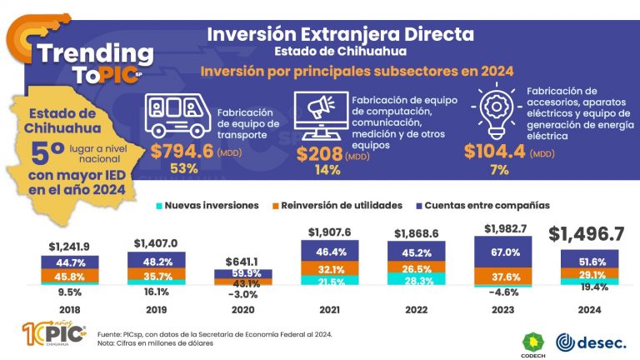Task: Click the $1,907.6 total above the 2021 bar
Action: (329, 232)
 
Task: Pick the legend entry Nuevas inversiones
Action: (206, 205)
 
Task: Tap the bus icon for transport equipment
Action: (177, 115)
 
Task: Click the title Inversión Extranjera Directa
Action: (340, 35)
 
